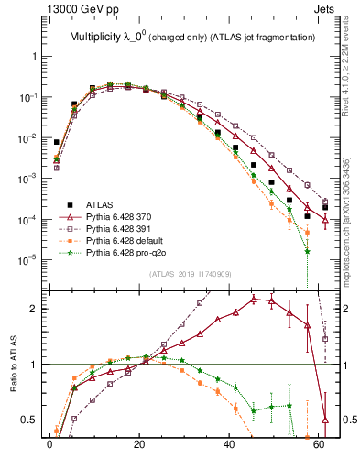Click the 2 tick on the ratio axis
35,309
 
